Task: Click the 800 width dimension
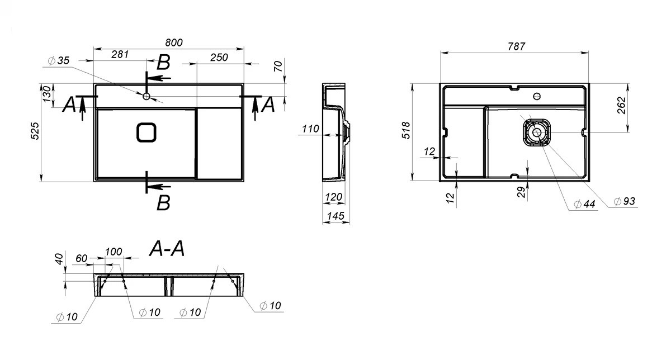click(174, 43)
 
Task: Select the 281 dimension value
click(120, 55)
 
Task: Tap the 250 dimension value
click(219, 58)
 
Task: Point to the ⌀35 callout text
click(59, 60)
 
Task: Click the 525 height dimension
click(35, 131)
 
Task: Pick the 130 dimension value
click(47, 94)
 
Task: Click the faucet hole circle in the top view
click(146, 96)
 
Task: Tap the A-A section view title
click(167, 249)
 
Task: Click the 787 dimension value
click(517, 46)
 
